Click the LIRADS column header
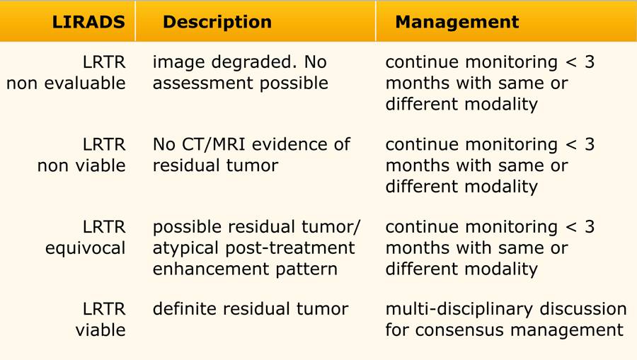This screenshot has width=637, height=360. click(88, 22)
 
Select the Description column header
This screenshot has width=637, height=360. click(217, 22)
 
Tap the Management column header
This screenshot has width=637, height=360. click(457, 22)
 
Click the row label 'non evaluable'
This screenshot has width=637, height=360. click(66, 83)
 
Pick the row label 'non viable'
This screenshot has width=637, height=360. click(81, 166)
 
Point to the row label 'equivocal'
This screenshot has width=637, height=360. click(86, 248)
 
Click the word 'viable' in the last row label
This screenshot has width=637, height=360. click(101, 330)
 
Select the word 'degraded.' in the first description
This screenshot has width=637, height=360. click(254, 63)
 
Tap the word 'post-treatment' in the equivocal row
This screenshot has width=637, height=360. click(290, 248)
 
